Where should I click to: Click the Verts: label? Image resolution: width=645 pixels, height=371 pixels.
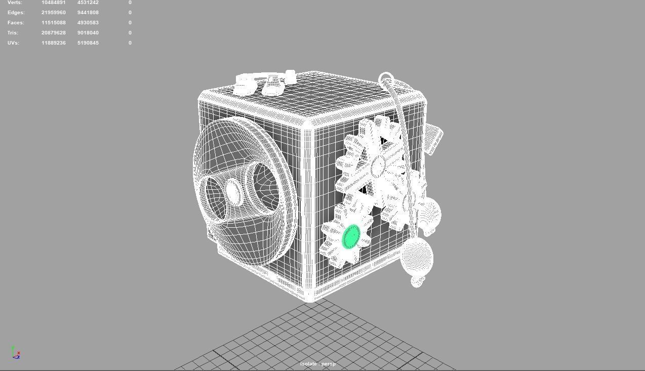click(x=15, y=3)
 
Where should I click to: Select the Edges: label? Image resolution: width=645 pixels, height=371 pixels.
click(x=16, y=13)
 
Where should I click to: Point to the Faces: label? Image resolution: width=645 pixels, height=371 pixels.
click(x=16, y=23)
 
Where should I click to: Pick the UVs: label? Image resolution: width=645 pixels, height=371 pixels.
click(x=14, y=43)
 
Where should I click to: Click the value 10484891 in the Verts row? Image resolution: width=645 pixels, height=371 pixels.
click(x=54, y=3)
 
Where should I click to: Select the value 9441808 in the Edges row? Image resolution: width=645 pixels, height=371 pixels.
click(x=88, y=13)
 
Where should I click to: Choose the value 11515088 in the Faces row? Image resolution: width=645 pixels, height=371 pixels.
click(x=54, y=23)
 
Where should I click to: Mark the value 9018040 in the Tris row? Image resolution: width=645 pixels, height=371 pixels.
click(x=88, y=33)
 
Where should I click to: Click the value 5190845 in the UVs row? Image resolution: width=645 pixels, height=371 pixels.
click(x=88, y=43)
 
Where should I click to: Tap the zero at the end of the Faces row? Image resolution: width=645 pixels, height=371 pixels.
click(x=130, y=23)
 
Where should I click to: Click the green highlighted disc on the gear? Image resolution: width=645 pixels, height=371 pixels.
click(x=351, y=236)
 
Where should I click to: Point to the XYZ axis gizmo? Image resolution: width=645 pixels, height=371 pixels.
click(x=16, y=353)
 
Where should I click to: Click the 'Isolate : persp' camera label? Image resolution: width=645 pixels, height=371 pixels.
click(x=317, y=364)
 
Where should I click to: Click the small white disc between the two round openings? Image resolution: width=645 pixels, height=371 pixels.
click(x=233, y=191)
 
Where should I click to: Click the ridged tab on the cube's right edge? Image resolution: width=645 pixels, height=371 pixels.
click(x=434, y=138)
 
